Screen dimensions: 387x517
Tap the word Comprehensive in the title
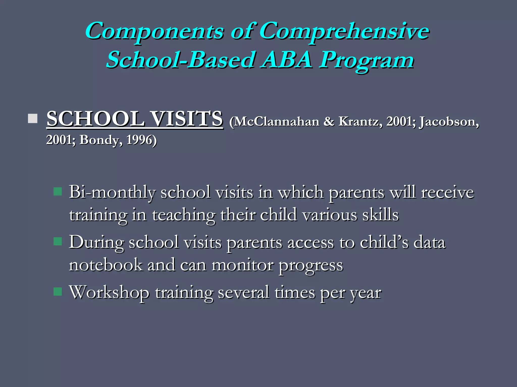click(x=344, y=31)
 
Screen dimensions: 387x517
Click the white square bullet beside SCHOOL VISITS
click(x=33, y=118)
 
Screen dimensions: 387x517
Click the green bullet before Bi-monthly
click(x=58, y=191)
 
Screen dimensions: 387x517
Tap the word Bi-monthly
click(x=112, y=192)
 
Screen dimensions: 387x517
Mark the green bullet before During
click(x=58, y=241)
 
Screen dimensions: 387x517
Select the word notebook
click(x=106, y=265)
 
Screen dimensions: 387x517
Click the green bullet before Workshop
click(x=58, y=292)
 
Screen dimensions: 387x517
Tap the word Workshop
click(x=109, y=293)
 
